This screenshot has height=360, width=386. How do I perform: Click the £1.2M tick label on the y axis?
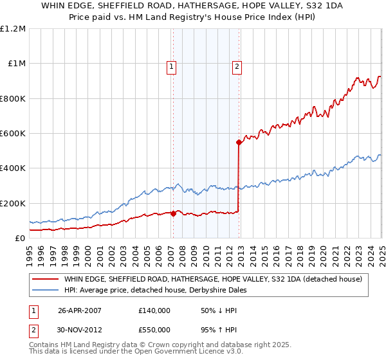pyautogui.click(x=13, y=29)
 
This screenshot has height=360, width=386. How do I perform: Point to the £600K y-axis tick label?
pyautogui.click(x=13, y=134)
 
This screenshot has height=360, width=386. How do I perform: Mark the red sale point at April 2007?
pyautogui.click(x=173, y=214)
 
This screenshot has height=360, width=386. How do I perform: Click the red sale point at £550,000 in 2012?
pyautogui.click(x=239, y=142)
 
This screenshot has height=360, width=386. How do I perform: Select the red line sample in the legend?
pyautogui.click(x=45, y=279)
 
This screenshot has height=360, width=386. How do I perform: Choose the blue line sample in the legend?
pyautogui.click(x=45, y=290)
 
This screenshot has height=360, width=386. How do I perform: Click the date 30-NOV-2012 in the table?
pyautogui.click(x=80, y=332)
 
